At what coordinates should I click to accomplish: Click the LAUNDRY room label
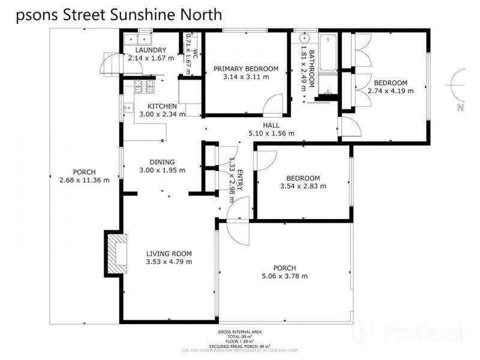[x=151, y=50]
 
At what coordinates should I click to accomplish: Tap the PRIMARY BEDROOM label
[x=241, y=68]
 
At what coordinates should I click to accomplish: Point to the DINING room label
[x=162, y=161]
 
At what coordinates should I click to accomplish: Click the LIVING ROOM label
[x=169, y=253]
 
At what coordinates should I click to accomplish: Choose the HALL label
[x=271, y=125]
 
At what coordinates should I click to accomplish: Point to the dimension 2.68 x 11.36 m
[x=85, y=180]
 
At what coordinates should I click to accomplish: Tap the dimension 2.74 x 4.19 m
[x=391, y=91]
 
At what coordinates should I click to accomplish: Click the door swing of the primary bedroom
[x=273, y=105]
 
